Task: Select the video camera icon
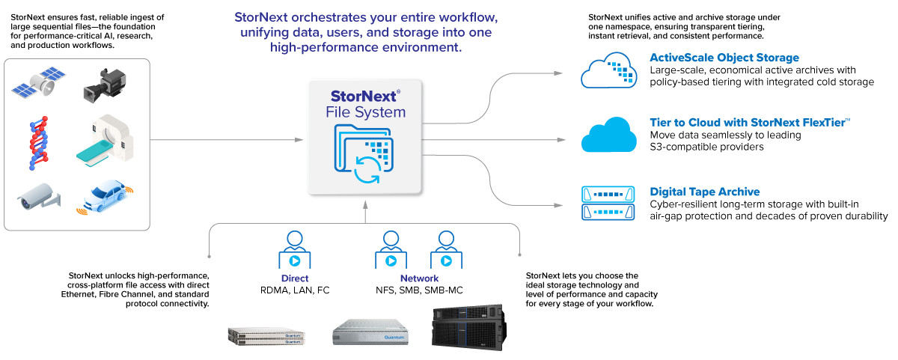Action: click(x=104, y=85)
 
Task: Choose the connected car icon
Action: click(x=104, y=198)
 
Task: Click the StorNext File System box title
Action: click(x=365, y=104)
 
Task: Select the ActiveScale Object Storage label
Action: click(x=724, y=58)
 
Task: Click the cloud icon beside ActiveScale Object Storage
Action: click(x=609, y=70)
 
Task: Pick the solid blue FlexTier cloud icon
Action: click(x=609, y=135)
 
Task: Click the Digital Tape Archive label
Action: click(x=705, y=192)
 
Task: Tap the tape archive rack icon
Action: click(x=608, y=203)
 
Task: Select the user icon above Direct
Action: click(x=294, y=250)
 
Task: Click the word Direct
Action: click(x=294, y=278)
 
